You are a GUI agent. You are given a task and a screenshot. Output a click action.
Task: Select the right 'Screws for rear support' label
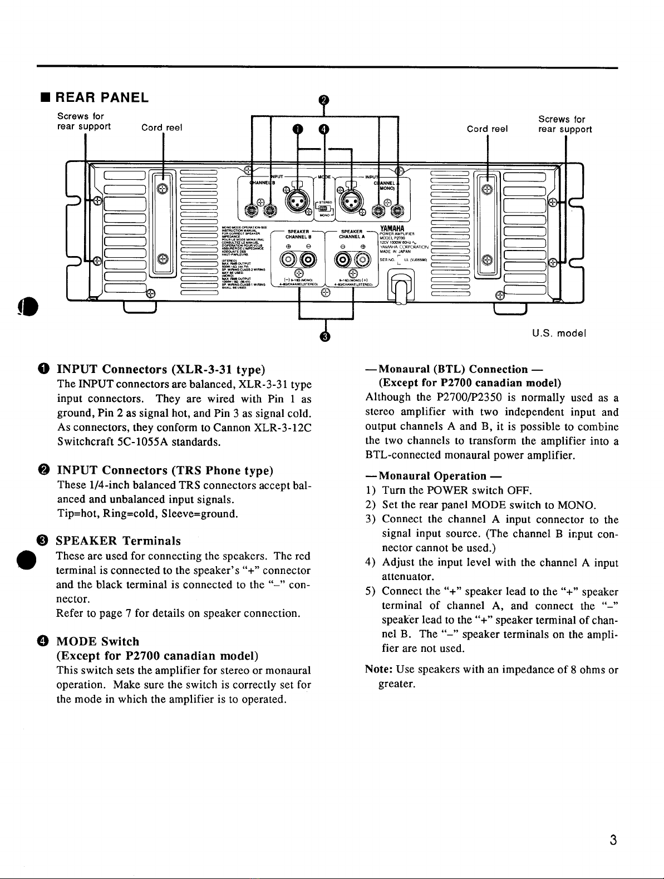[565, 124]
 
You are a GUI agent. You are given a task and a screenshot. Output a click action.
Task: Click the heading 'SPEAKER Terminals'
[119, 541]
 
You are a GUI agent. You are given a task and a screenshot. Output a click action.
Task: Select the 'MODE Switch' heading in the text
[98, 641]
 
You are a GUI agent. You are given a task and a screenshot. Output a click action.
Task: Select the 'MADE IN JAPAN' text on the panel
[396, 251]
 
